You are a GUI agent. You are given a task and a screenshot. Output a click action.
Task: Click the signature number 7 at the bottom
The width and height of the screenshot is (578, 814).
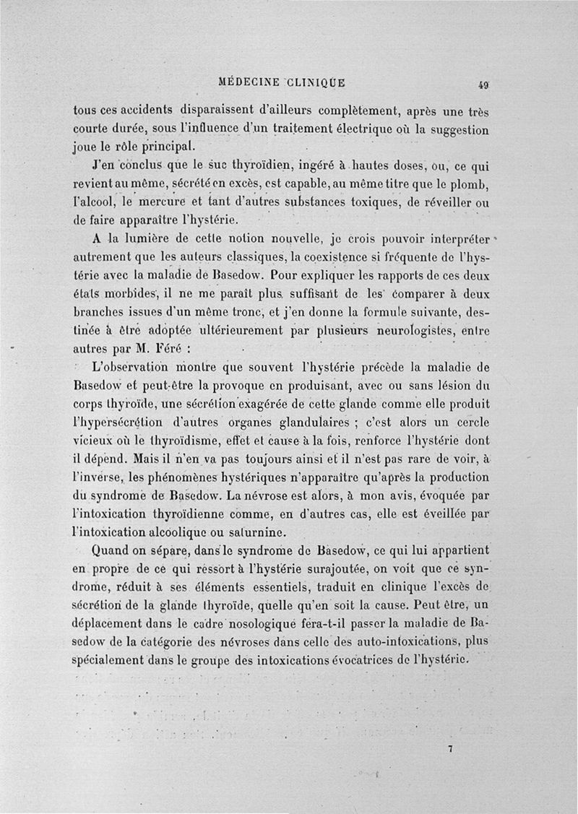tap(449, 749)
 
